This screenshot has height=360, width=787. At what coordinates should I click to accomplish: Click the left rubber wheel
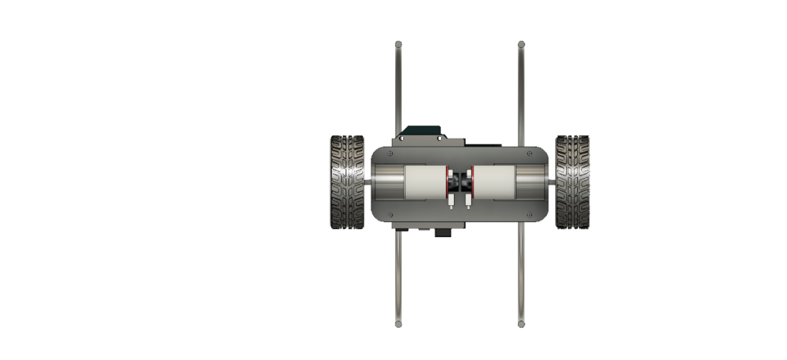(x=347, y=182)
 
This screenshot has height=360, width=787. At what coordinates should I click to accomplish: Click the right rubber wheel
(x=571, y=182)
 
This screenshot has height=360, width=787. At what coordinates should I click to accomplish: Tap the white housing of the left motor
(x=425, y=182)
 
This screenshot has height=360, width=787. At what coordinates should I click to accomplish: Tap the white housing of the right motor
(x=494, y=182)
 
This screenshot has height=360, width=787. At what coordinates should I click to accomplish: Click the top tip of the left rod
(x=398, y=43)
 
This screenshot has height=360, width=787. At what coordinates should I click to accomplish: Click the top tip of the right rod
(x=521, y=43)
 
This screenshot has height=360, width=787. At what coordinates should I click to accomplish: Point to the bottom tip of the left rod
(x=398, y=324)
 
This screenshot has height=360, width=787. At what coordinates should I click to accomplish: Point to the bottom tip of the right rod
(x=521, y=324)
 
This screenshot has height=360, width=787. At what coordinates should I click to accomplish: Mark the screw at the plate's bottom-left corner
(x=390, y=215)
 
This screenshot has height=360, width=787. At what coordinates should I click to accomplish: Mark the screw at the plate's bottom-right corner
(x=529, y=215)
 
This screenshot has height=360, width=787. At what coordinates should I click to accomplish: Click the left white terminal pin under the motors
(x=452, y=200)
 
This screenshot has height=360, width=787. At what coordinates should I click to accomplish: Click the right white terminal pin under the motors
(x=467, y=200)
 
